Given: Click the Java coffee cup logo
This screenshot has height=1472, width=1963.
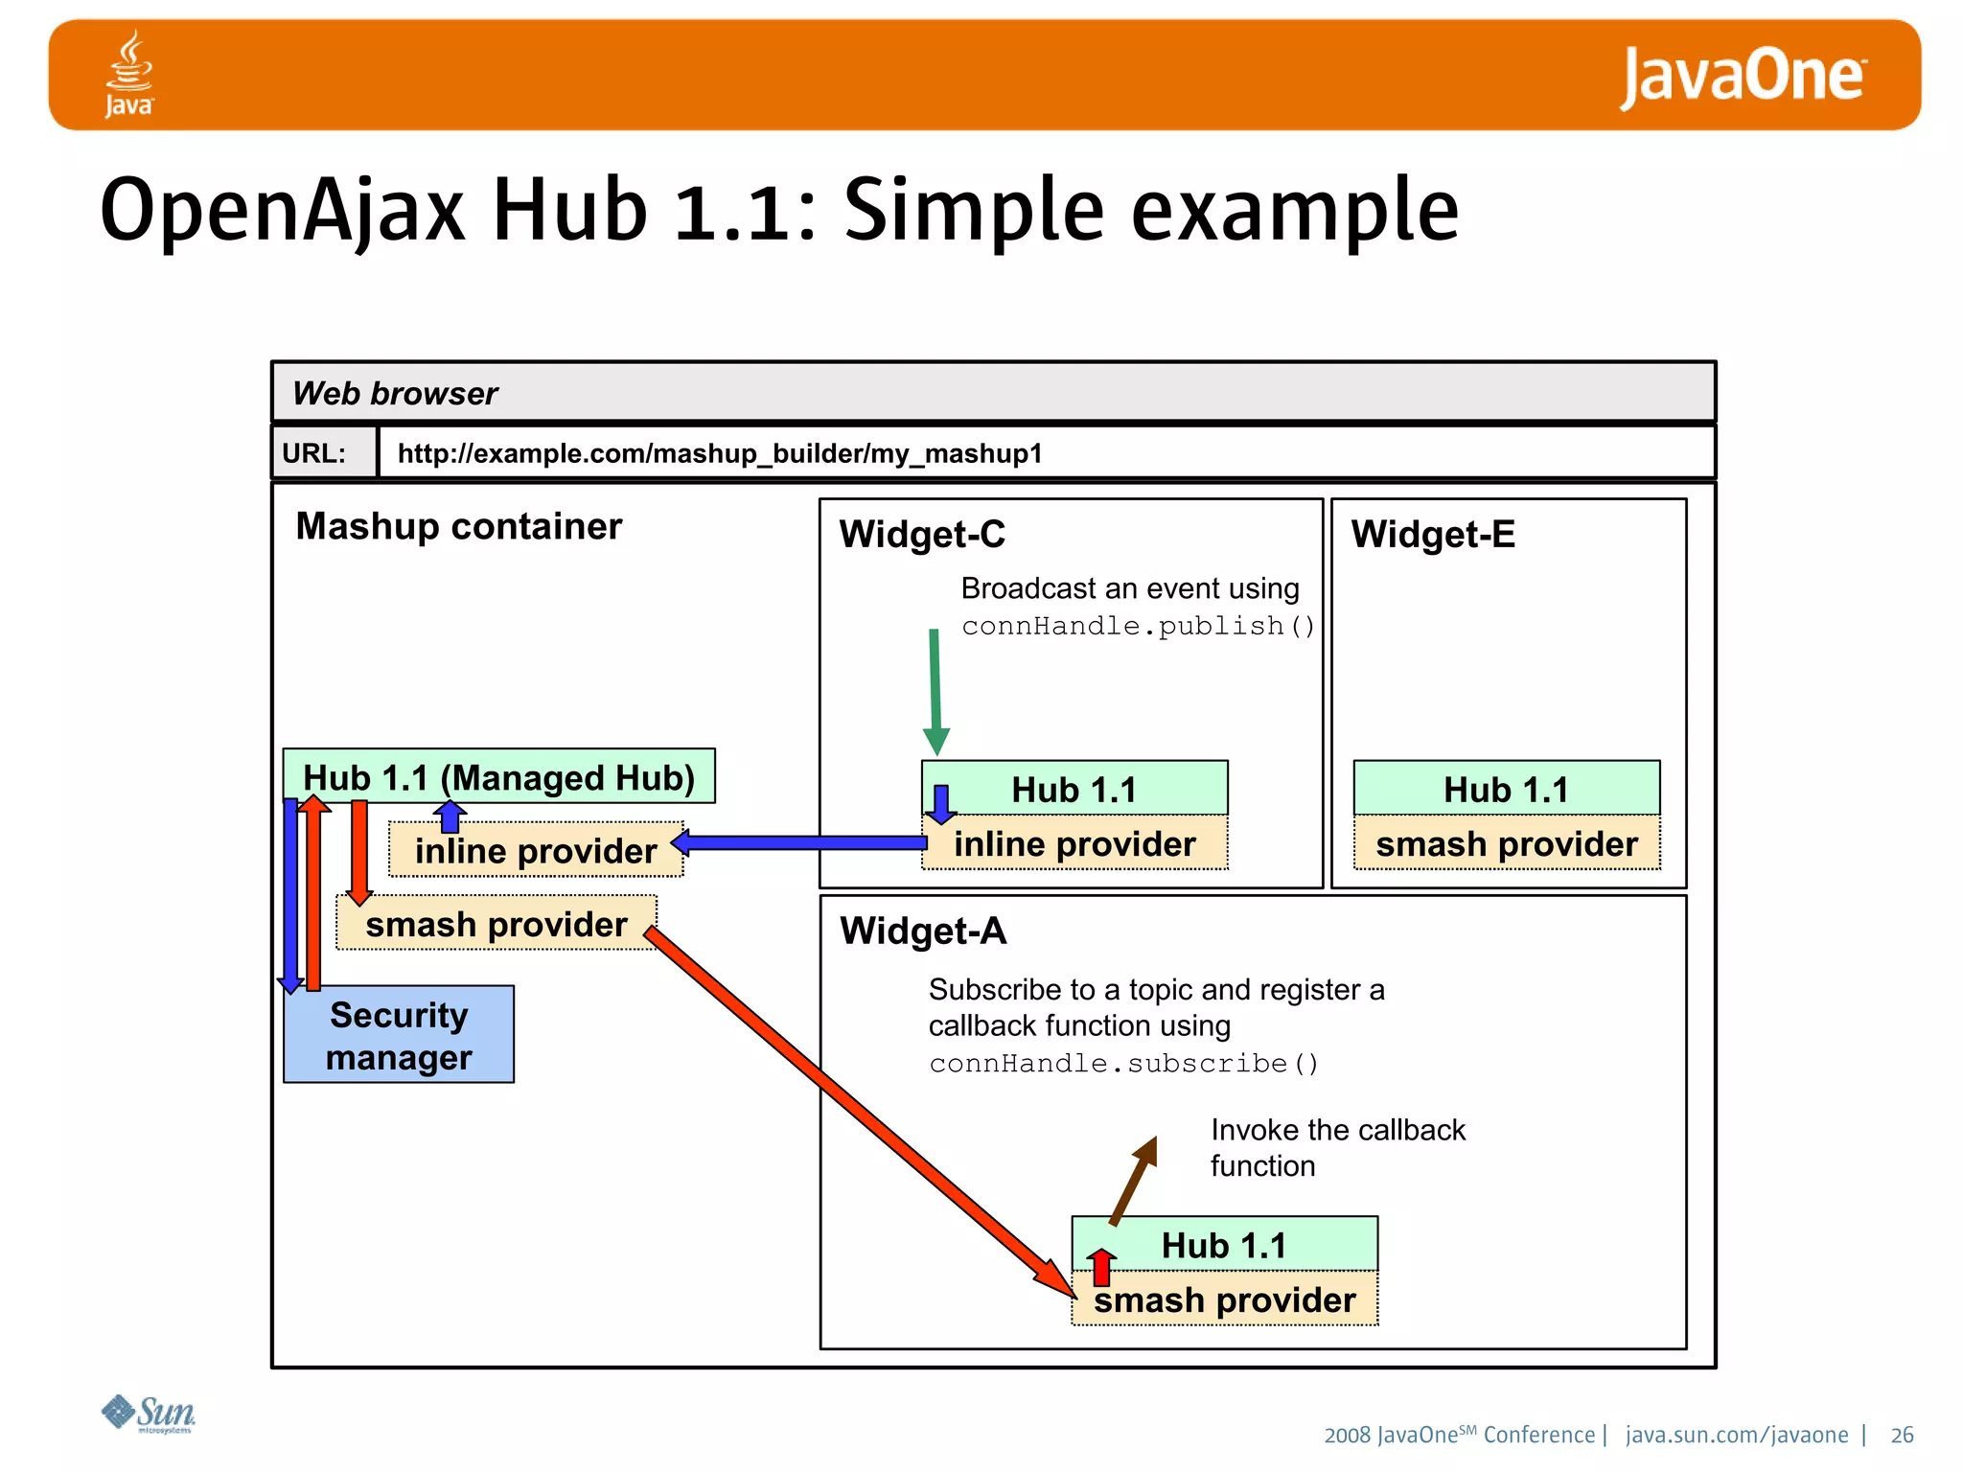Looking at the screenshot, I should (129, 73).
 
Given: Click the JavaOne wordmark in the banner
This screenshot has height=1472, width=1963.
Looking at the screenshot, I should (1742, 77).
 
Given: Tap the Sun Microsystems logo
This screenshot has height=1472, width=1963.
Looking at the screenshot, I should (150, 1414).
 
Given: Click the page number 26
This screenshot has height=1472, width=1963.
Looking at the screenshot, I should (1902, 1435).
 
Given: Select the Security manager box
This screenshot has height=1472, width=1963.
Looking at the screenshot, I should (399, 1035).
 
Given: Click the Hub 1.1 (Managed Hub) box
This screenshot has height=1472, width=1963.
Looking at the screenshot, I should (498, 776).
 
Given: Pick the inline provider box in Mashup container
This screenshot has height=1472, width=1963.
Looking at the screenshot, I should (536, 850).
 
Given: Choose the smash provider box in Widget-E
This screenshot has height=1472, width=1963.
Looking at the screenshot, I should (1506, 843).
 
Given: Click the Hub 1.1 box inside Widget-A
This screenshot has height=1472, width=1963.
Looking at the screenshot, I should (1224, 1244).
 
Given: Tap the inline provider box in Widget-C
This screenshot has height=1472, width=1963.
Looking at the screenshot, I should (1074, 843).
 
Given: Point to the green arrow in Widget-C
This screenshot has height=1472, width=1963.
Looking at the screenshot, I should (935, 690).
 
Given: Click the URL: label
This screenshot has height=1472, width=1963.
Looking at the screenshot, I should (314, 453).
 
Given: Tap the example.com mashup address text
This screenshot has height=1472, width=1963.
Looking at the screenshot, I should (719, 453).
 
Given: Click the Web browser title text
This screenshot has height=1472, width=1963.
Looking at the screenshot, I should (395, 393).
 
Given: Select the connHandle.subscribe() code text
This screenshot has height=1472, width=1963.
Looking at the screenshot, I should (1123, 1064).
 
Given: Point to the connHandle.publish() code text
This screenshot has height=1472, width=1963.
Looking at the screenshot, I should (1138, 626).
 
